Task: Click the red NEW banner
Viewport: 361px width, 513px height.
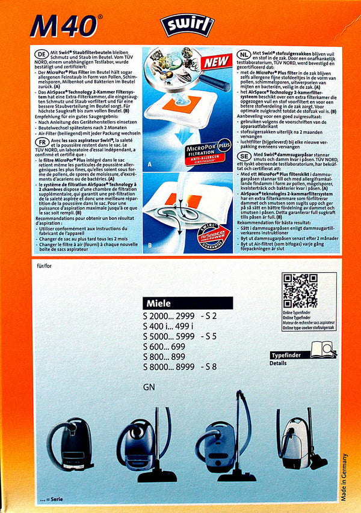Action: pyautogui.click(x=216, y=62)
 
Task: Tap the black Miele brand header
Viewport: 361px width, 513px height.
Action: pyautogui.click(x=188, y=303)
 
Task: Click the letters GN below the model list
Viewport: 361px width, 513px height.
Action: pyautogui.click(x=150, y=387)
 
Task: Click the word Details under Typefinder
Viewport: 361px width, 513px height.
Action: pyautogui.click(x=278, y=363)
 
